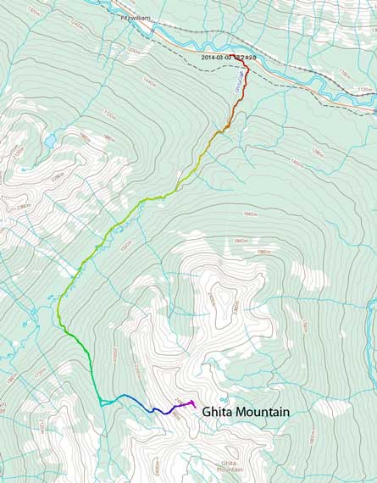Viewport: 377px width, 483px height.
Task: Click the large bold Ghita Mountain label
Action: (x=246, y=412)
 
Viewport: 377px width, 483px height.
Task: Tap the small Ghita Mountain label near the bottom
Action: (x=230, y=466)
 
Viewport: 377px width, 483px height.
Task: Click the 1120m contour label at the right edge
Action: (x=364, y=88)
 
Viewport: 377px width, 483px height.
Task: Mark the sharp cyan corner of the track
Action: (x=101, y=402)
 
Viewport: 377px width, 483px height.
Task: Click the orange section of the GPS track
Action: (x=227, y=126)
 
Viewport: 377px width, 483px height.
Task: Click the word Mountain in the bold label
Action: (x=263, y=412)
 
